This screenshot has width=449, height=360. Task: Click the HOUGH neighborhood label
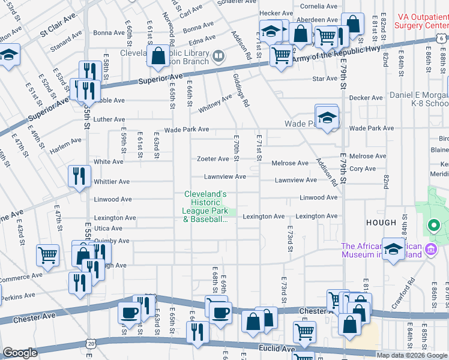point(381,223)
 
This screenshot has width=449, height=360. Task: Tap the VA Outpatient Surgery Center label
point(421,22)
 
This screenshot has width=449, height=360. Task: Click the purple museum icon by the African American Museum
point(430,248)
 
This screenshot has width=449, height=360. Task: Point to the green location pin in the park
point(433,226)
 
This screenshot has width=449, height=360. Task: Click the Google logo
point(20,353)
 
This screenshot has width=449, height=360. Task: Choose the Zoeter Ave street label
point(213,159)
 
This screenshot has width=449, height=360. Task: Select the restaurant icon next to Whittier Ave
point(79,176)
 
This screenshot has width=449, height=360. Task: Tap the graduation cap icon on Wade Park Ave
point(327,118)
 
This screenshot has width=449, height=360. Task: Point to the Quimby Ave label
point(112,241)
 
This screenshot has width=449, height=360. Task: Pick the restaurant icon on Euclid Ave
point(196,332)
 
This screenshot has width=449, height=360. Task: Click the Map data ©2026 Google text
point(412,355)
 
